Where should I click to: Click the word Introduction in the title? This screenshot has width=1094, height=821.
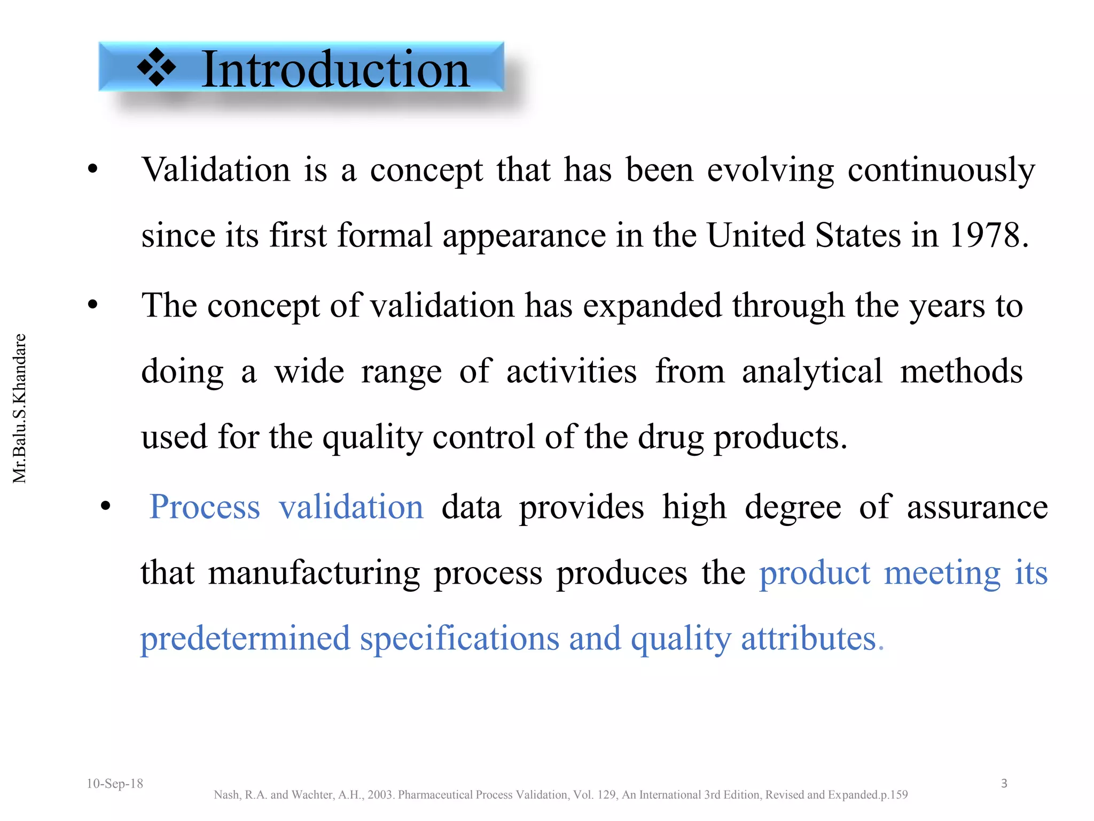coord(335,70)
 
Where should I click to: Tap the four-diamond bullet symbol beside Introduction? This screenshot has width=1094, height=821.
coord(156,67)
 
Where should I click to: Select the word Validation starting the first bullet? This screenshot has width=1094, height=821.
coord(216,170)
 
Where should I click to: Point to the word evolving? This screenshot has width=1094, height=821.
coord(770,170)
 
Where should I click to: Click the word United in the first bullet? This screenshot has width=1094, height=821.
coord(755,235)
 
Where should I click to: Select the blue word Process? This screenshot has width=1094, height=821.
coord(205,507)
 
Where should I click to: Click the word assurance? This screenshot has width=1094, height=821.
coord(978,507)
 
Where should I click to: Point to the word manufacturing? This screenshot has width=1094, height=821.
coord(314,573)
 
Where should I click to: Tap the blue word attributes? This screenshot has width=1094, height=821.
coord(809,639)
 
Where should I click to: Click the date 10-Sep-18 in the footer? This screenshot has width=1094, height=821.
coord(115,784)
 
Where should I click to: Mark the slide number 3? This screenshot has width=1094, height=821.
coord(1004,784)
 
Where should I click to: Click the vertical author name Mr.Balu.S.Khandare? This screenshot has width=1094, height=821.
coord(20,408)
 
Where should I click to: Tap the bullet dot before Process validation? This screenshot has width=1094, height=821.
coord(105,506)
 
